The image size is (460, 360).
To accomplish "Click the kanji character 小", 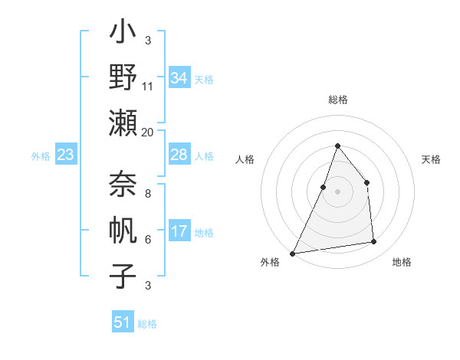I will click(123, 34).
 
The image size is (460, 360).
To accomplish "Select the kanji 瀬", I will click(123, 123).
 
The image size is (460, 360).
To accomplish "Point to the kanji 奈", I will click(123, 183).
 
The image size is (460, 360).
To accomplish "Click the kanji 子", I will click(123, 277).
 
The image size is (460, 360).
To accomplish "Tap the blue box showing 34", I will click(179, 77).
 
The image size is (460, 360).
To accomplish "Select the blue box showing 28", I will click(179, 155).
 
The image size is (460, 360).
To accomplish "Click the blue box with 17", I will click(179, 231).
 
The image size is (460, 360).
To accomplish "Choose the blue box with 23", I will click(66, 155).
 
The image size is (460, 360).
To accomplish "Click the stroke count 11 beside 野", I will click(148, 87).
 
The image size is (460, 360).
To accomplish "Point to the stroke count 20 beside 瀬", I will click(148, 132).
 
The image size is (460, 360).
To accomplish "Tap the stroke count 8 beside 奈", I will click(148, 194).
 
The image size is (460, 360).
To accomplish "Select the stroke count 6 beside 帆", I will click(148, 240).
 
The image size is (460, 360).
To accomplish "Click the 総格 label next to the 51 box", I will click(148, 324).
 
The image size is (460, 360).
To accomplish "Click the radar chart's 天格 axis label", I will click(432, 159).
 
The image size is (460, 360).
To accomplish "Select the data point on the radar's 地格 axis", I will click(374, 242).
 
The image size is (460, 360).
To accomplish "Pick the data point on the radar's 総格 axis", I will click(337, 146).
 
